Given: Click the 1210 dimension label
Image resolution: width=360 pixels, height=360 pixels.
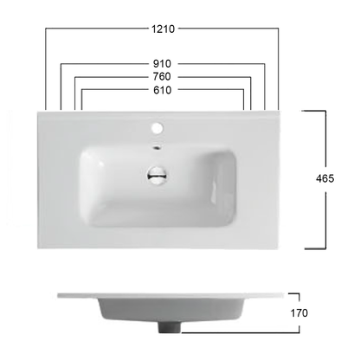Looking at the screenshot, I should click(162, 29).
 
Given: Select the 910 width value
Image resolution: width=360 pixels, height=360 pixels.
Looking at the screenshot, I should click(162, 63).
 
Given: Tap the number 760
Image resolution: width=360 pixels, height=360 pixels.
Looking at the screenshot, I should click(162, 76).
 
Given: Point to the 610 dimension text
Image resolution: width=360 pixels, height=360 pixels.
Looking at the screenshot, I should click(162, 90).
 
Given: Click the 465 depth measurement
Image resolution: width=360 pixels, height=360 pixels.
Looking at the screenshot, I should click(325, 178).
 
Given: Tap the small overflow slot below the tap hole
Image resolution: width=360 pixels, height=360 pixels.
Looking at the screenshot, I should click(158, 147).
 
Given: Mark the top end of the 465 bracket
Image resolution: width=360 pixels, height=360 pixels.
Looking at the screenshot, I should click(317, 111).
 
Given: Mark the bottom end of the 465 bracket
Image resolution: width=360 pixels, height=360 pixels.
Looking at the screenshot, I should click(317, 247).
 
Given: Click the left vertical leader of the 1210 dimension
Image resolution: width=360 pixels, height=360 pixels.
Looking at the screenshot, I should click(44, 69).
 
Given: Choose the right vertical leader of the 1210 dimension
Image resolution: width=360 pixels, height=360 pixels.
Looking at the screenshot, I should click(279, 69).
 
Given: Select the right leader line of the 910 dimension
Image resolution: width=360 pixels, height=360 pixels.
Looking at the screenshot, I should click(263, 87).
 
